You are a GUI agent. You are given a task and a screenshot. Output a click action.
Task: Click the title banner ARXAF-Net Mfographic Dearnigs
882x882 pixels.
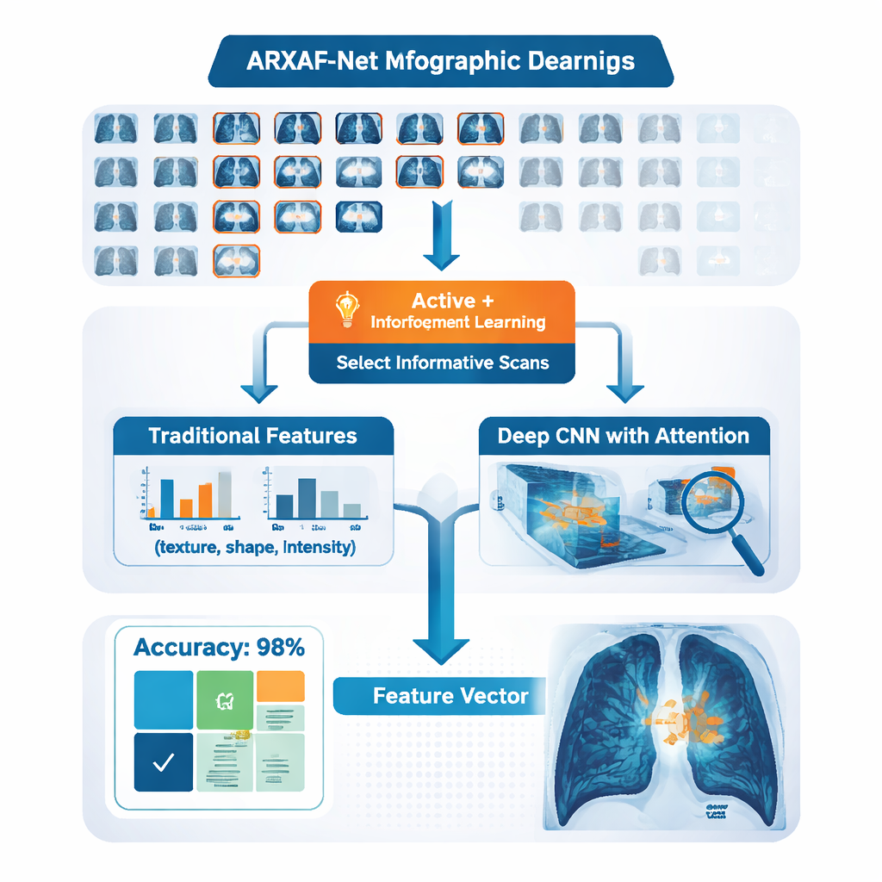pyautogui.click(x=440, y=61)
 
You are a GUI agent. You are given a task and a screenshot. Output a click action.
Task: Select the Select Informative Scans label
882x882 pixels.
pyautogui.click(x=442, y=363)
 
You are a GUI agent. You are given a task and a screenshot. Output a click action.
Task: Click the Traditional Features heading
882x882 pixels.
pyautogui.click(x=252, y=436)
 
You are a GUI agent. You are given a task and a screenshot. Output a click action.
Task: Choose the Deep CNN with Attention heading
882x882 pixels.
pyautogui.click(x=623, y=436)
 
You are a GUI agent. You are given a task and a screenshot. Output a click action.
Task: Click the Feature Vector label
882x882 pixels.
pyautogui.click(x=450, y=696)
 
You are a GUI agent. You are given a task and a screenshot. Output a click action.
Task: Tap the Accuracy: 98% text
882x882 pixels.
pyautogui.click(x=218, y=648)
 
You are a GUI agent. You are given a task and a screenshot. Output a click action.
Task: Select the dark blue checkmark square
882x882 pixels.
pyautogui.click(x=164, y=761)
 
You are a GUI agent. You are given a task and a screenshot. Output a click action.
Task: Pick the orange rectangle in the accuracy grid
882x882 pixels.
pyautogui.click(x=281, y=686)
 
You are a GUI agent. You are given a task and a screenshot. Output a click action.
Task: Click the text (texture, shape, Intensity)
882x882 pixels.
pyautogui.click(x=254, y=547)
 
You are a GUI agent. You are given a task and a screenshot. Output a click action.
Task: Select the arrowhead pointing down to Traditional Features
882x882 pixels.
pyautogui.click(x=258, y=392)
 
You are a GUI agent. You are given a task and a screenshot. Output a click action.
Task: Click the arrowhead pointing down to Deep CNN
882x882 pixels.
pyautogui.click(x=625, y=392)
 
